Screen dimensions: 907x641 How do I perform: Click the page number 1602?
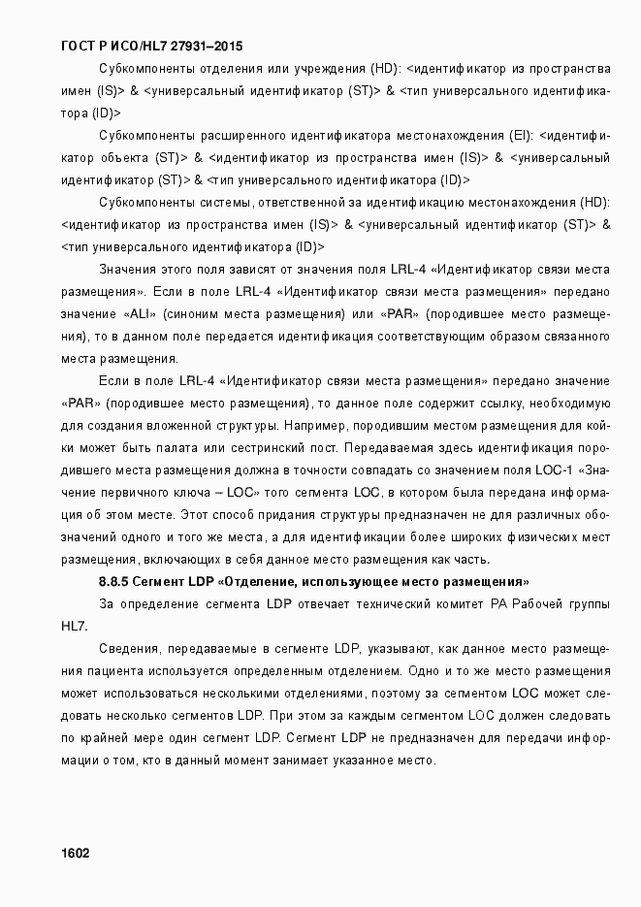tap(75, 854)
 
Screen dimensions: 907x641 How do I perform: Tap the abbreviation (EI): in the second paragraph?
tap(521, 135)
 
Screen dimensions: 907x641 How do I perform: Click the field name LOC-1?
tap(555, 470)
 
